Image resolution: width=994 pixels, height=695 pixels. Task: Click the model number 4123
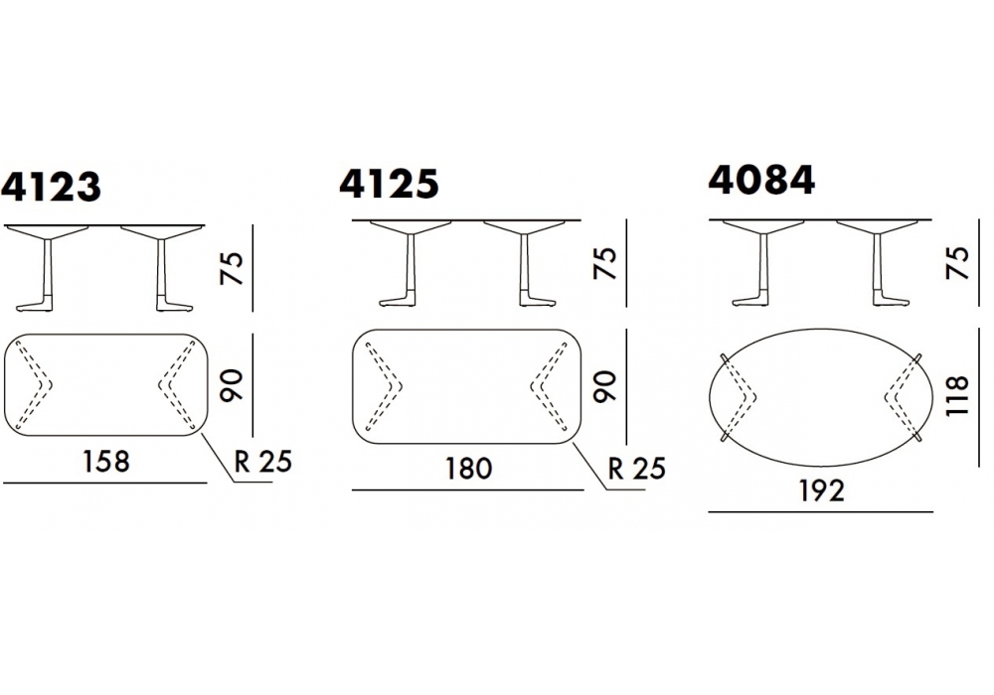51,187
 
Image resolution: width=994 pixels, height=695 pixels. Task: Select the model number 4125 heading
389,184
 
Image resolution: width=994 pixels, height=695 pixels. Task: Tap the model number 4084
761,180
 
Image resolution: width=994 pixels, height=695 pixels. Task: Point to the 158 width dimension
106,462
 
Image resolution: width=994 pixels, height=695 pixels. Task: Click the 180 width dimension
468,469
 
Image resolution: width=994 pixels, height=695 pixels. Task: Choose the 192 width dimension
821,490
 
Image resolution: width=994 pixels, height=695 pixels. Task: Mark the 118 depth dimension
957,396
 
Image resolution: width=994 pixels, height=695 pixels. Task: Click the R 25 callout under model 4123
263,462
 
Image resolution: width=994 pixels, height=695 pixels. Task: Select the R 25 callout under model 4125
636,469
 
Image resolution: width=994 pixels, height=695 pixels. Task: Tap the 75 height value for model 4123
232,268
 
